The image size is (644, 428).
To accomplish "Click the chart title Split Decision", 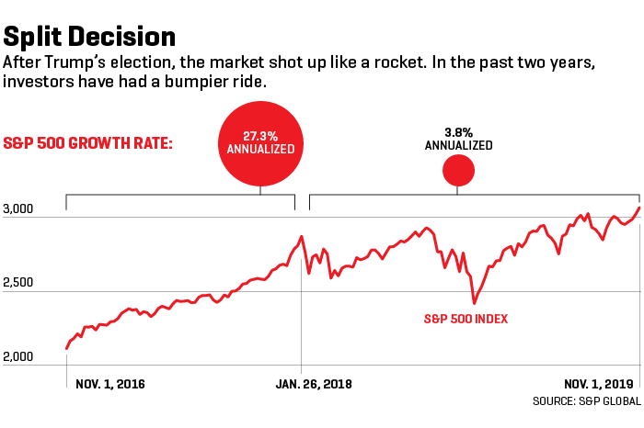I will pyautogui.click(x=89, y=37).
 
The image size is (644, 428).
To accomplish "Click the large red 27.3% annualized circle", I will pyautogui.click(x=261, y=143).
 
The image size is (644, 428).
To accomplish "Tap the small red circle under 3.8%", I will pyautogui.click(x=458, y=172).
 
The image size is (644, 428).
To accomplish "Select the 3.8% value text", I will pyautogui.click(x=458, y=132).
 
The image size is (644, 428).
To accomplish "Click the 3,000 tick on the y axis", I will pyautogui.click(x=18, y=209).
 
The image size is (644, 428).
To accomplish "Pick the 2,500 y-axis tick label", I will pyautogui.click(x=18, y=283).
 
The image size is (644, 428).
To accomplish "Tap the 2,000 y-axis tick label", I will pyautogui.click(x=18, y=357).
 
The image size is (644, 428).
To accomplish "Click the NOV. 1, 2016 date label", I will pyautogui.click(x=110, y=384).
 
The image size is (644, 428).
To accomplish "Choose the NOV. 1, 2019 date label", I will pyautogui.click(x=598, y=384).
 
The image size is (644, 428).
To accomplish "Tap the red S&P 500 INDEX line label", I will pyautogui.click(x=466, y=319).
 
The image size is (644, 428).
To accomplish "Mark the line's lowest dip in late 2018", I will pyautogui.click(x=474, y=302).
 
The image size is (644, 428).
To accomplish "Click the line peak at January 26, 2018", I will pyautogui.click(x=301, y=237).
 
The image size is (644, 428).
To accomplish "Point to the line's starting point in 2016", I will pyautogui.click(x=66, y=349).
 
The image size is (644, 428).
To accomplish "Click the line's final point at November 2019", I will pyautogui.click(x=638, y=208).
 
